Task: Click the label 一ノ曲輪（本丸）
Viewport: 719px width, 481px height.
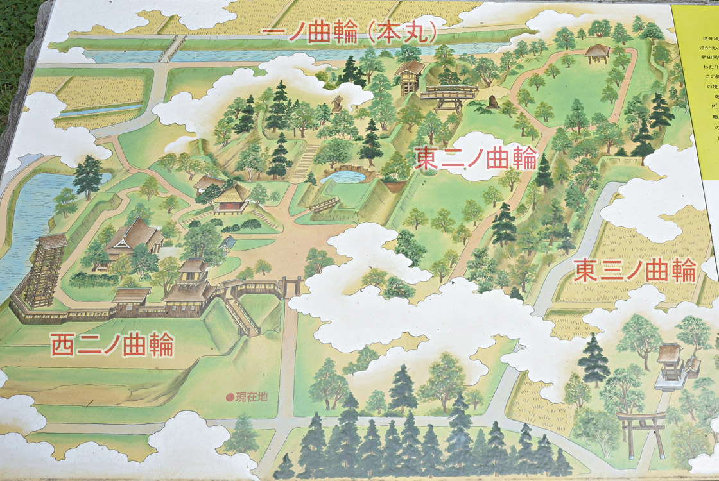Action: (x=351, y=33)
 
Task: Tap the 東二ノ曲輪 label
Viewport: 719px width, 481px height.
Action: (x=475, y=157)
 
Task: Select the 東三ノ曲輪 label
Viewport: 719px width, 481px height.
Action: (x=634, y=270)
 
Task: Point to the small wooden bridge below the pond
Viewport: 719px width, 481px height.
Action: (x=324, y=205)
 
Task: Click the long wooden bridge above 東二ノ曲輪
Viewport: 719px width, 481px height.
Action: (x=449, y=95)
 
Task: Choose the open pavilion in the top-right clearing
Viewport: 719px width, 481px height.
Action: (x=596, y=54)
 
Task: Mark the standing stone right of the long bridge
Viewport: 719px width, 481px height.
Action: (x=494, y=101)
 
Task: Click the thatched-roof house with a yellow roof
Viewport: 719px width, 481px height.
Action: (x=232, y=196)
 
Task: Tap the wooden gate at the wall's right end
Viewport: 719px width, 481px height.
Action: (x=291, y=285)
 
